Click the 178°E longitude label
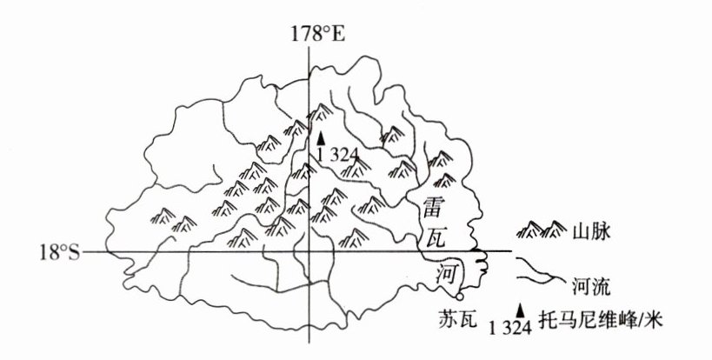tap(319, 34)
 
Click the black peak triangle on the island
tap(321, 137)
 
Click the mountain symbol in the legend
tap(541, 230)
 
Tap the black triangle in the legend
tap(521, 309)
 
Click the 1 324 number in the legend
tap(509, 327)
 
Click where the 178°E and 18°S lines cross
tap(308, 252)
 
